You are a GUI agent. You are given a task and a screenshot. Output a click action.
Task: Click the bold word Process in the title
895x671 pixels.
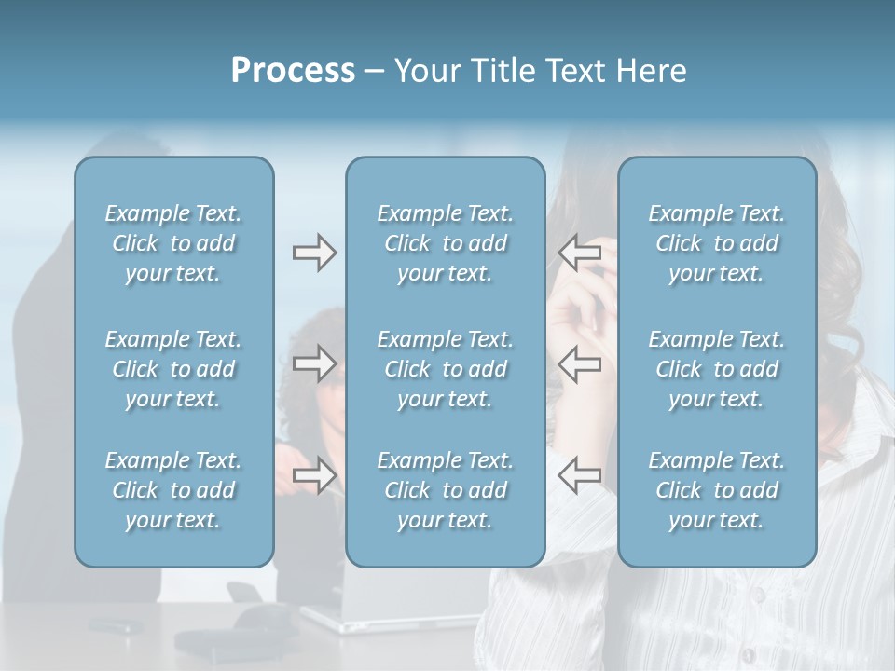pyautogui.click(x=293, y=71)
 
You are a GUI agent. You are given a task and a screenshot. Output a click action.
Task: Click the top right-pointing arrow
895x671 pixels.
pyautogui.click(x=314, y=253)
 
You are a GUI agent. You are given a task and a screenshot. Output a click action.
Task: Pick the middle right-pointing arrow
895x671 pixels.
pyautogui.click(x=314, y=363)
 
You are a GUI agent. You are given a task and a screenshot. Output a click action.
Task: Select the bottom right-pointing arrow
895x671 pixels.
pyautogui.click(x=314, y=475)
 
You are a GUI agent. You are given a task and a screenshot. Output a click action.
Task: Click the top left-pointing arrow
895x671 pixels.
pyautogui.click(x=579, y=253)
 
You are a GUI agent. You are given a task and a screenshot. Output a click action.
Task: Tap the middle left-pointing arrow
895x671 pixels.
pyautogui.click(x=579, y=363)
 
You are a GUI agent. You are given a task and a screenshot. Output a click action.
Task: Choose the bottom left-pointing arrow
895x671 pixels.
pyautogui.click(x=579, y=475)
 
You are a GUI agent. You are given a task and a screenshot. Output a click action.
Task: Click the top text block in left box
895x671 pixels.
pyautogui.click(x=173, y=243)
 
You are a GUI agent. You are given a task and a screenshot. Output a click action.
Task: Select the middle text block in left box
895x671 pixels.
pyautogui.click(x=173, y=369)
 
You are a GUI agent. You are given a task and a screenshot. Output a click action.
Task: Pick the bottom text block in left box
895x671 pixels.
pyautogui.click(x=173, y=490)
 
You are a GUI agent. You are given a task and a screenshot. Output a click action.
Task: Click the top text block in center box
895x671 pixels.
pyautogui.click(x=445, y=243)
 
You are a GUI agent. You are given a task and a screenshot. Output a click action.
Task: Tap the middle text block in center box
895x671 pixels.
pyautogui.click(x=445, y=369)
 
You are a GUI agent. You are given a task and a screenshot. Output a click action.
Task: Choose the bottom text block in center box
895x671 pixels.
pyautogui.click(x=445, y=490)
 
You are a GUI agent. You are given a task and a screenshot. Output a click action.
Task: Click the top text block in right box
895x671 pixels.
pyautogui.click(x=717, y=243)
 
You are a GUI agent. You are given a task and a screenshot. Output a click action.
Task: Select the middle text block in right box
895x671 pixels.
pyautogui.click(x=717, y=369)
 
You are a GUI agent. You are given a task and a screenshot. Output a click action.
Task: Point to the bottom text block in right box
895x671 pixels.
pyautogui.click(x=717, y=490)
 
